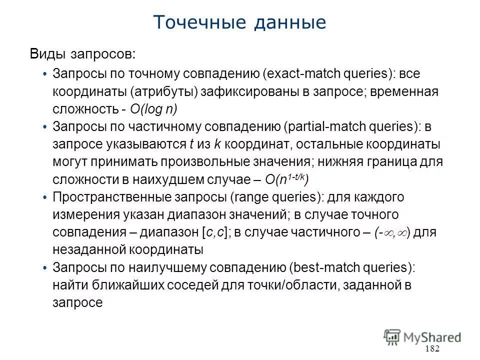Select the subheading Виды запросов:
coord(82,53)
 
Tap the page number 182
coord(431,348)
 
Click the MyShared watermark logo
coord(422,336)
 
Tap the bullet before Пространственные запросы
coord(45,197)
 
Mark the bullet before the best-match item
coord(45,268)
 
